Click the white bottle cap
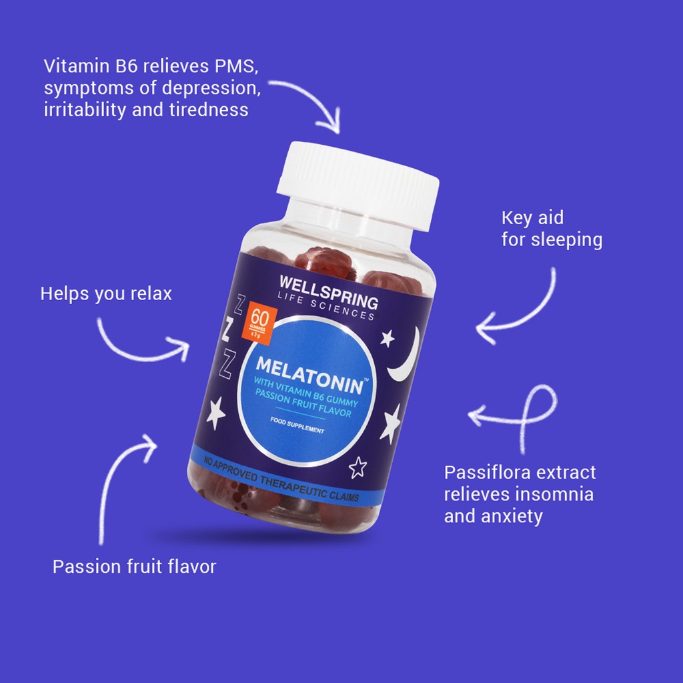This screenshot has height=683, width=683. point(358,183)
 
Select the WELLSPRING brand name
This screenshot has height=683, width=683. point(329,290)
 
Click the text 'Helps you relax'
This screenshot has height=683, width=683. point(106,293)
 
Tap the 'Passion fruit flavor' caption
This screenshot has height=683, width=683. point(134,567)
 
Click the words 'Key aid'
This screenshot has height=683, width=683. point(532,217)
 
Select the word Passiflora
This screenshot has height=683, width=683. point(492,472)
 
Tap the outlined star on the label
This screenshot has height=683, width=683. point(358,467)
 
